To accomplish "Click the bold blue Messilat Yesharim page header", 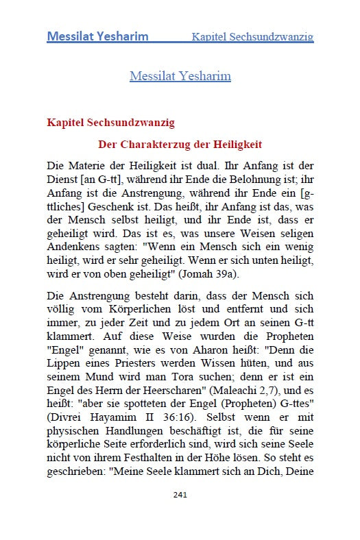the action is point(97,36).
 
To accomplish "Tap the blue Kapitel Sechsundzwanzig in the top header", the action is point(252,36).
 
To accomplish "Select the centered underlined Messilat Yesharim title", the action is point(180,75).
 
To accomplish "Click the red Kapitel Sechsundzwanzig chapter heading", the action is point(110,123).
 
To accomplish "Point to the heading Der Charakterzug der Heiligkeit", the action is point(180,145).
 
